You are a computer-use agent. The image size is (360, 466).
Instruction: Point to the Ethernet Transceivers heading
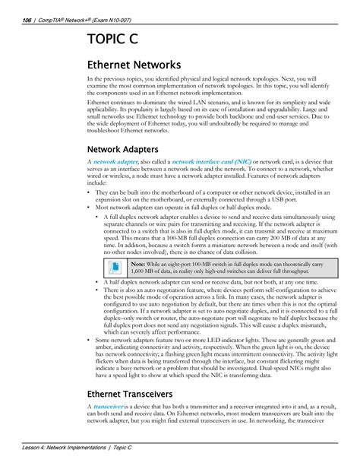[141, 393]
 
